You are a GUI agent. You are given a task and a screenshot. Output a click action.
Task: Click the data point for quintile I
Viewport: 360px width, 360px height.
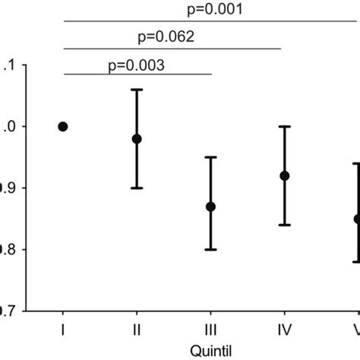tap(63, 126)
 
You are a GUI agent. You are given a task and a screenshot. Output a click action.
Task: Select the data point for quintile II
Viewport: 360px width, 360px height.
tap(137, 139)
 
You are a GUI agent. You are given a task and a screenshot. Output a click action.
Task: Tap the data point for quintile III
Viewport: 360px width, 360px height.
tap(210, 207)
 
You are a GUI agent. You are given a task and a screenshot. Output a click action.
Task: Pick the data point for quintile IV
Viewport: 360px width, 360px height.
tap(285, 175)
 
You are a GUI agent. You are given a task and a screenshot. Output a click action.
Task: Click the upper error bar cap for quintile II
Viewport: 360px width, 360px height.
tap(137, 90)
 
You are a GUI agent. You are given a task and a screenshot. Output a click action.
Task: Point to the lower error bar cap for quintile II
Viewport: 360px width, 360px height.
tap(137, 188)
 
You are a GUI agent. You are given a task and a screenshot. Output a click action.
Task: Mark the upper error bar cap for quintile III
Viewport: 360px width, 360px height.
tap(210, 157)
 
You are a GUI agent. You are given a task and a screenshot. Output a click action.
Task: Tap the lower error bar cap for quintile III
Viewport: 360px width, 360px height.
tap(210, 250)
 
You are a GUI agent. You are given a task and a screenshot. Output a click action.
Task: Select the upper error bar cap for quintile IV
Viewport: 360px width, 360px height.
tap(285, 126)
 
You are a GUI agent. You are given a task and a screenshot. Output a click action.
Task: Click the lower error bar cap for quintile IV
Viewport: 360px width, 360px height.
tap(285, 225)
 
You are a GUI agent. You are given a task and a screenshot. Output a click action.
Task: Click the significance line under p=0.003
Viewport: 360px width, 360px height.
tap(137, 74)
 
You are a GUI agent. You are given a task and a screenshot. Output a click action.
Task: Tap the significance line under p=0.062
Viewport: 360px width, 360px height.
tap(172, 48)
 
